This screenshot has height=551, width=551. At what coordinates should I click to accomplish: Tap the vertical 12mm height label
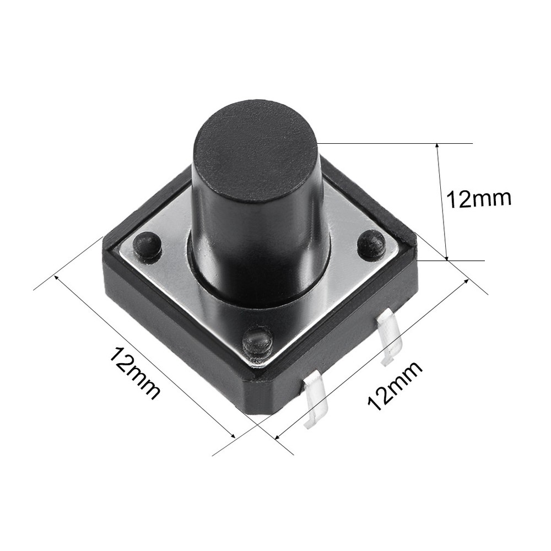[478, 199]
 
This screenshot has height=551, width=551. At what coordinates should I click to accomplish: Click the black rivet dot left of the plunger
[147, 246]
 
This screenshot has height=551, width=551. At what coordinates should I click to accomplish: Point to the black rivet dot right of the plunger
[371, 245]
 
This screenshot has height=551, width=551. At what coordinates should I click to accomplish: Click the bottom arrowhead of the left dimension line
[234, 436]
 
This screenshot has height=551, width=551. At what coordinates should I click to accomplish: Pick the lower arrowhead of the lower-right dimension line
[277, 438]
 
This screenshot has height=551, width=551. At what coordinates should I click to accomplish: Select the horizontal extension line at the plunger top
[397, 143]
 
